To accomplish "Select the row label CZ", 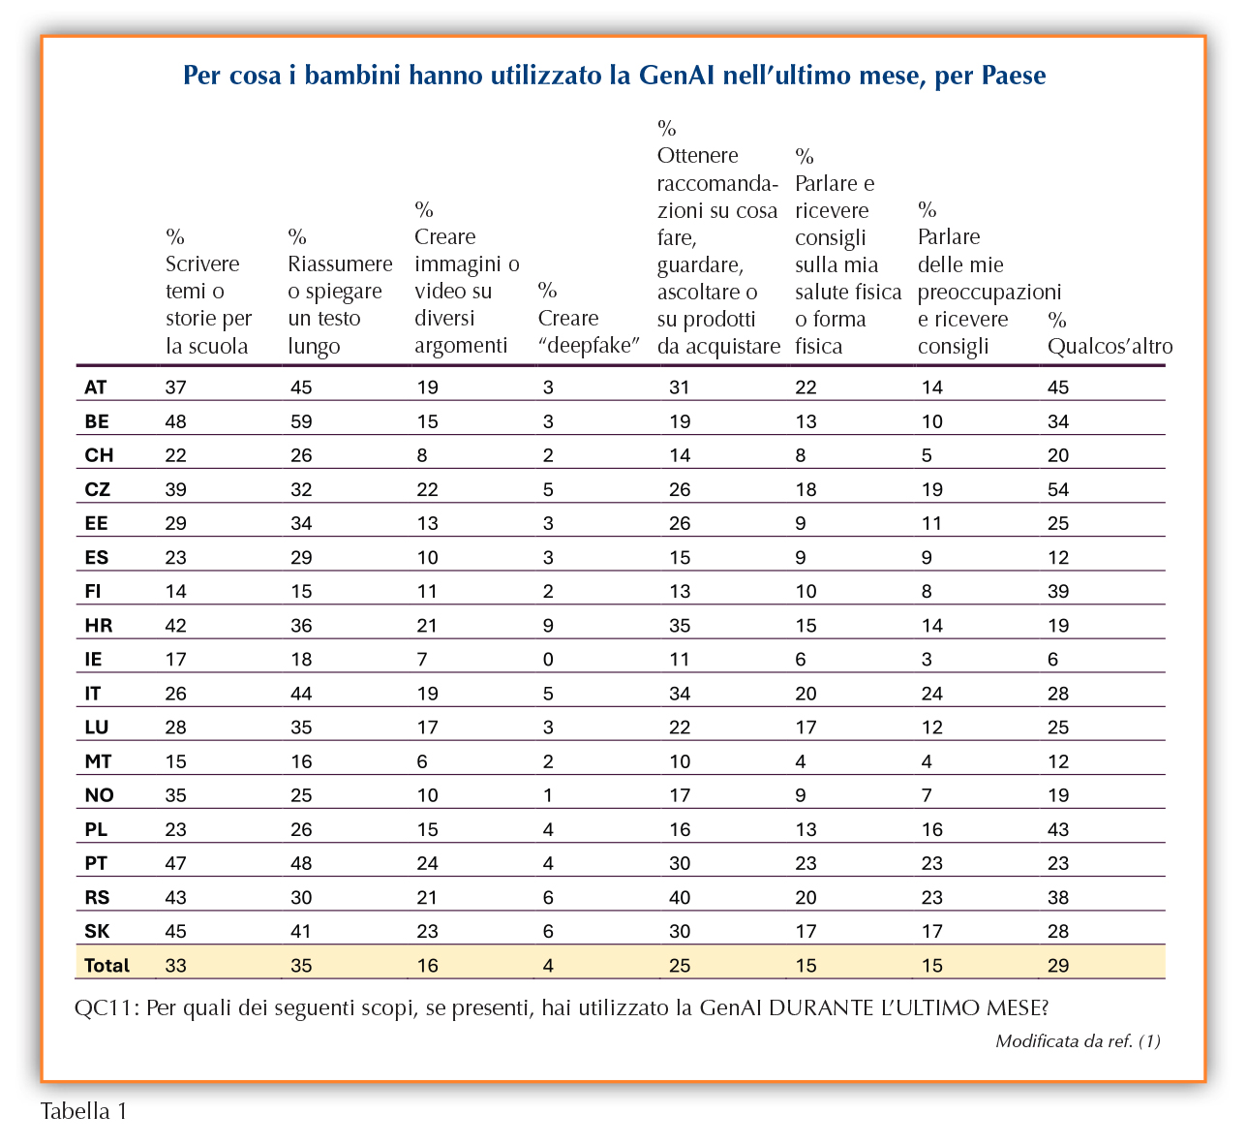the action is [97, 489].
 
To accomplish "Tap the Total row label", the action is [106, 965].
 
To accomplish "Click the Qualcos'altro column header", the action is [1110, 346].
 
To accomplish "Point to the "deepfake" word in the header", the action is [589, 345].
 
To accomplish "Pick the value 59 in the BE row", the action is [301, 421].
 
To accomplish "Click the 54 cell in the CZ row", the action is [1058, 489].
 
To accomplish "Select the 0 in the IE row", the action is [548, 659].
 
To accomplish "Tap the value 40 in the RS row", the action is [680, 897].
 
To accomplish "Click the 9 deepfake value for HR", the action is [548, 625].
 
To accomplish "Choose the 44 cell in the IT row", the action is [301, 693].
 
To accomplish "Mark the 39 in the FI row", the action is [1058, 591].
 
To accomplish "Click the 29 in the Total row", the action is [1058, 965].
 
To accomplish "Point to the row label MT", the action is [98, 760].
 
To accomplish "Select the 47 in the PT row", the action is [176, 863].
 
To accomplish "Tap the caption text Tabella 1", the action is [84, 1110].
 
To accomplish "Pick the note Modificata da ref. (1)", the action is [1078, 1040].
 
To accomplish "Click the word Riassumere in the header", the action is [340, 263].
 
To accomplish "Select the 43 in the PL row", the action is [1058, 829].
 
